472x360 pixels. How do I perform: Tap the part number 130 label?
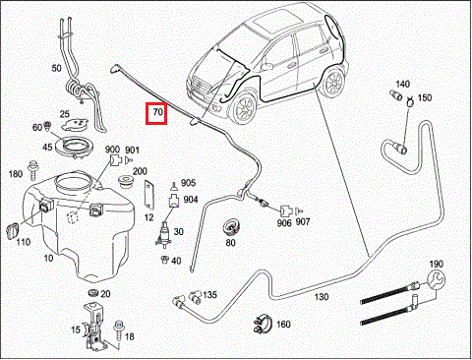click(322, 297)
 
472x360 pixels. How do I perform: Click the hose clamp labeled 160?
click(263, 324)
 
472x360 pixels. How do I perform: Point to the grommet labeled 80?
click(232, 227)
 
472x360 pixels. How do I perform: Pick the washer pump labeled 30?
click(163, 233)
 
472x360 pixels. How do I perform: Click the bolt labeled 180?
click(32, 170)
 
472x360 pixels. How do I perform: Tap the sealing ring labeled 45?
click(75, 146)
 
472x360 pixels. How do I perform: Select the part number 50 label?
click(56, 68)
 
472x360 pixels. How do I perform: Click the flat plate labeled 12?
click(148, 195)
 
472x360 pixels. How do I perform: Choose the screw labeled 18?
click(118, 330)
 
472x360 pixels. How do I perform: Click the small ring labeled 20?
click(94, 292)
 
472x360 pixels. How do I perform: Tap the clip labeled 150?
click(408, 101)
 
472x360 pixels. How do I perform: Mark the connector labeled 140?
click(396, 94)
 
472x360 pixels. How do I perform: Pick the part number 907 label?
click(303, 222)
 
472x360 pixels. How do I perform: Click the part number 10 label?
click(48, 258)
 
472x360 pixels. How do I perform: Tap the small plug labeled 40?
click(165, 260)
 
